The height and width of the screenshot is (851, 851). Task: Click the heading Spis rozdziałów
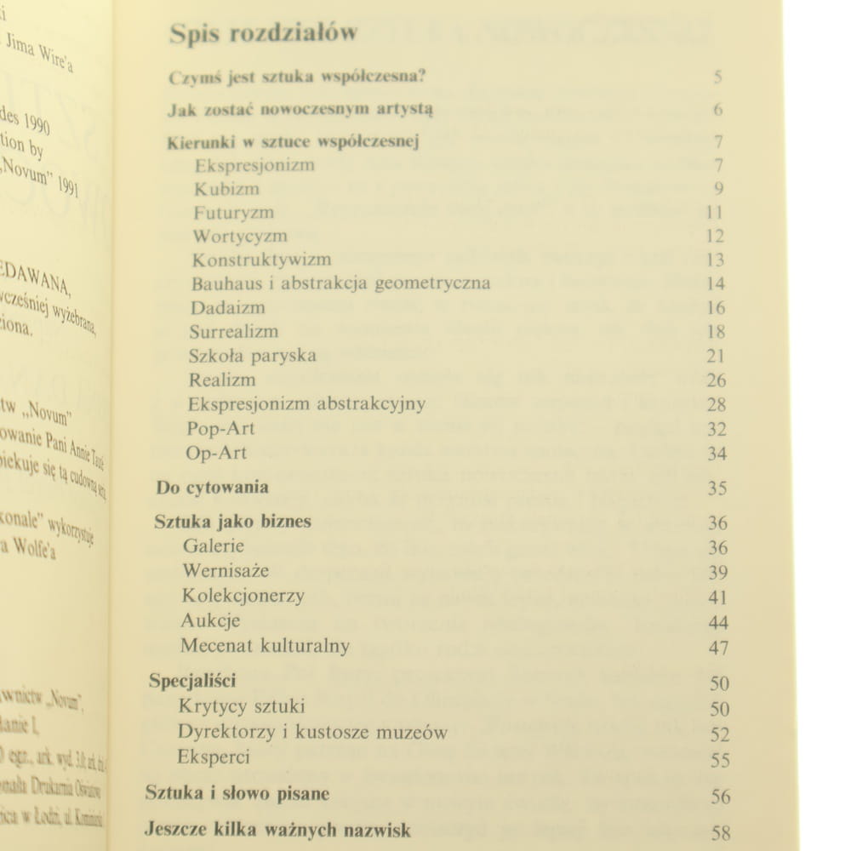[263, 33]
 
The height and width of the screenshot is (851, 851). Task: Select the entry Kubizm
[226, 189]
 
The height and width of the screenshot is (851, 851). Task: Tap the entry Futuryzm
[233, 213]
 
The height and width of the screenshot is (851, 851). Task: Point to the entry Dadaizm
[228, 307]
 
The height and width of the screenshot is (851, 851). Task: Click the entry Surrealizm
[234, 331]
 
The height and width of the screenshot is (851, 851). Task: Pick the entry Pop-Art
[220, 428]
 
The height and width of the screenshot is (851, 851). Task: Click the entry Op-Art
[216, 453]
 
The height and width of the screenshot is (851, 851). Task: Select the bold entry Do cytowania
[213, 488]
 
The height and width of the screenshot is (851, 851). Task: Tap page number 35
[717, 488]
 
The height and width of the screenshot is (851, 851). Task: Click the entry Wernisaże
[226, 570]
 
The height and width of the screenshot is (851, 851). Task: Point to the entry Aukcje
[210, 620]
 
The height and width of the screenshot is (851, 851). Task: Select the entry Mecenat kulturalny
[265, 646]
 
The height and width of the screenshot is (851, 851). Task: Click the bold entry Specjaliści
[192, 681]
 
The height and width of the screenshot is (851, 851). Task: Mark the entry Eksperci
[214, 757]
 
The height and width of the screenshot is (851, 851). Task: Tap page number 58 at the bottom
[720, 833]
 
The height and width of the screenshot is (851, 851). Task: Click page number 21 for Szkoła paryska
[716, 356]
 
